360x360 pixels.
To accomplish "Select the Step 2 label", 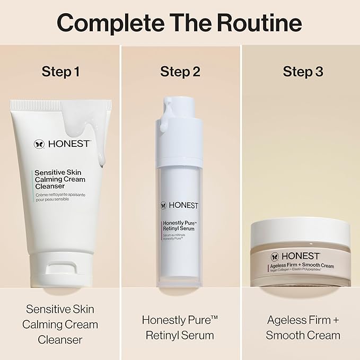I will (x=180, y=72).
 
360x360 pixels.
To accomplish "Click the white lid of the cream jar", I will (x=301, y=233).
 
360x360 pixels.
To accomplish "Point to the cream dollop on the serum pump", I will (x=166, y=125).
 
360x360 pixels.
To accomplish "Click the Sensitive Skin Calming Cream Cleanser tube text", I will (x=59, y=179).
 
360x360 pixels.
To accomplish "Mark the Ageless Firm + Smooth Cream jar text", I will (x=301, y=266).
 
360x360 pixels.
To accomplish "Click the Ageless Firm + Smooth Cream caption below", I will (x=303, y=328).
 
